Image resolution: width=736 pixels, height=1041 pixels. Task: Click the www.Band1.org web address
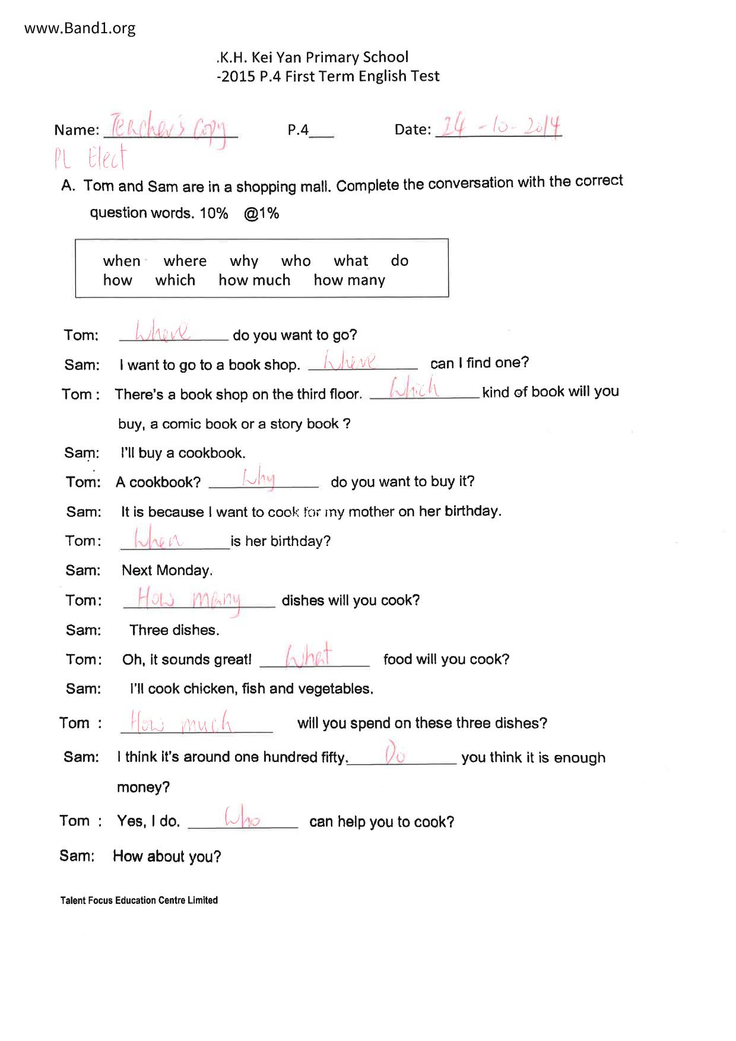[80, 28]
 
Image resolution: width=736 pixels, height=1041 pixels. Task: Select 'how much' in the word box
[254, 280]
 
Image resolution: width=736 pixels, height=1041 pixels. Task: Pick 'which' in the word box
[175, 280]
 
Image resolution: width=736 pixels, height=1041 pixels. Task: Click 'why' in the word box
[244, 261]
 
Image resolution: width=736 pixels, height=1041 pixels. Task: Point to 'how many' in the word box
[349, 280]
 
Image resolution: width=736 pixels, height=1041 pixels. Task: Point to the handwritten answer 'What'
[308, 656]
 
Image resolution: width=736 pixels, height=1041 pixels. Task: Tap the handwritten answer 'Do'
[395, 754]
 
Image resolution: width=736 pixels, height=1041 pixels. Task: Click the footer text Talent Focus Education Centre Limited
[139, 900]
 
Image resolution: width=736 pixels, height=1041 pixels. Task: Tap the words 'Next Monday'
[167, 571]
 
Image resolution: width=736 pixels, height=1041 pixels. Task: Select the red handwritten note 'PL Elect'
[90, 158]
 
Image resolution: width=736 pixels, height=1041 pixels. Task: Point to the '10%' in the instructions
[214, 213]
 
